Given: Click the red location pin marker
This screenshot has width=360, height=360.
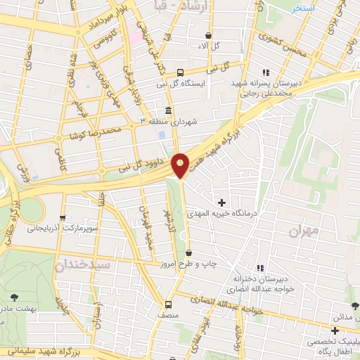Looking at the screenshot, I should coord(181,165).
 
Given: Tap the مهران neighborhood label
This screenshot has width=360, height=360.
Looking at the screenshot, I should coord(304,230).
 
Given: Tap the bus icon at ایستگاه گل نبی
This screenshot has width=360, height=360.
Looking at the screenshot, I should coord(180,72).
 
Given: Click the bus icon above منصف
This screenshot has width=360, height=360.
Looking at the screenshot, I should coord(167,304).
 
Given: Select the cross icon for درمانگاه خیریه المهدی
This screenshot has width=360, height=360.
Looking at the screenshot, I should coord(222,203).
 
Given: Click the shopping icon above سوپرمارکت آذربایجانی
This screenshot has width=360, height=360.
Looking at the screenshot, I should coord(63,217).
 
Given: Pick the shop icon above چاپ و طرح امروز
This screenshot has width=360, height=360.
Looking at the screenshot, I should coord(188,252).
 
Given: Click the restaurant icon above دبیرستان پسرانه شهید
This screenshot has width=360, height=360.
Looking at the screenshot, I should coord(265,72).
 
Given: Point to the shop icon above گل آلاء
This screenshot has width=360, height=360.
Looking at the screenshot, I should coord(208,34).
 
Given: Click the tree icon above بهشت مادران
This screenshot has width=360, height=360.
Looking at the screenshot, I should coord(15,297).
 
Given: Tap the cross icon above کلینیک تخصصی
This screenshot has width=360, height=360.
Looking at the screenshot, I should coord(335,330).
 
